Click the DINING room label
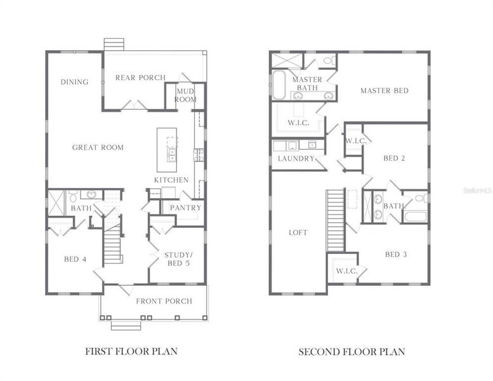pos(74,82)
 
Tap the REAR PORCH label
pos(140,77)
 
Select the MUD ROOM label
pos(186,95)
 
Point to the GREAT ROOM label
pos(98,147)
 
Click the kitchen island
pos(168,145)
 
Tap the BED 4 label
pos(71,259)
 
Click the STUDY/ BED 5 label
pos(177,258)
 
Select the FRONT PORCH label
pos(164,301)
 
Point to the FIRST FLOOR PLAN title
pos(131,351)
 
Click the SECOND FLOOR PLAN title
pos(352,351)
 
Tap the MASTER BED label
pos(385,91)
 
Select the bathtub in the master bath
pos(279,85)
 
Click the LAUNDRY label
pos(296,159)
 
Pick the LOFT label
pos(298,233)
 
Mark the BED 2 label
pos(394,158)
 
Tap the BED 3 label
pos(396,255)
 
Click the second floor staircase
pos(336,220)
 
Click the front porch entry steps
pos(126,326)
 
